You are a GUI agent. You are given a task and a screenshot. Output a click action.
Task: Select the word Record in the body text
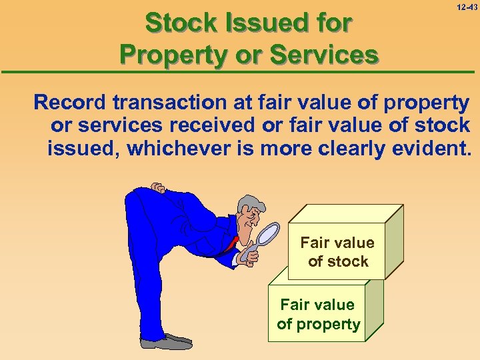point(70,103)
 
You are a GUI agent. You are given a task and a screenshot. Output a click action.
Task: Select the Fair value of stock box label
point(338,252)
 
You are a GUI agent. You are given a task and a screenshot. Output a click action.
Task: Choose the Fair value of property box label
point(318,315)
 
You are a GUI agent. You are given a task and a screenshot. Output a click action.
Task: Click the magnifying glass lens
point(268,233)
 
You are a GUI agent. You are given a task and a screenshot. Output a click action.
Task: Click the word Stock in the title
point(175,23)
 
